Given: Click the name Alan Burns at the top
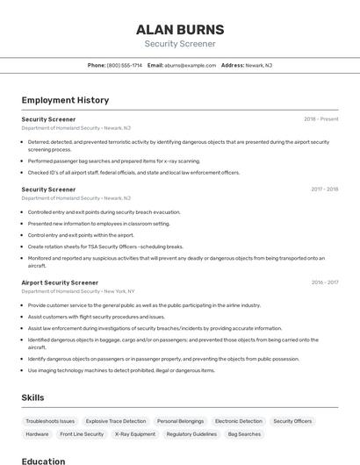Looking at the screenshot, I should point(180,29).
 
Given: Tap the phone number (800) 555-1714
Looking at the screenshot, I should point(124,65).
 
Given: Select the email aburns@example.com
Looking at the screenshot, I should point(190,65).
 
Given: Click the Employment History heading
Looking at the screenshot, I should point(65,100).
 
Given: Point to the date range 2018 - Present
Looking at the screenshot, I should point(321,118).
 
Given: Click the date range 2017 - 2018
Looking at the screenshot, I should point(324,189).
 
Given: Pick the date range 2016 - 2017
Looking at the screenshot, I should point(324,283).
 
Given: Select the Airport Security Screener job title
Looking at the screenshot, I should point(60,283).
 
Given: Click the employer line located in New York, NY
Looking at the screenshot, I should point(78,291).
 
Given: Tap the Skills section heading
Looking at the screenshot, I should point(32,397).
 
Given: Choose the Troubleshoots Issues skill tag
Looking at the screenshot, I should point(50,421).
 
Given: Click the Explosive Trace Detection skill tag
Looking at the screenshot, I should point(116,421).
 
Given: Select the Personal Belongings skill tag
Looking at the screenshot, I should point(180,421).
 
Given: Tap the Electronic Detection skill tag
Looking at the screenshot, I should point(238,421).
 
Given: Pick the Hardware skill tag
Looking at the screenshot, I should point(37,433).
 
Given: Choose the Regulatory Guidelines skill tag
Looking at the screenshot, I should point(191,433).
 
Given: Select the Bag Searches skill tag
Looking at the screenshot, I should point(244,433).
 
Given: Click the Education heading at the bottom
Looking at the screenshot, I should point(43,460).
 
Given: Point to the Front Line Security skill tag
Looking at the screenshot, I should point(83,433).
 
